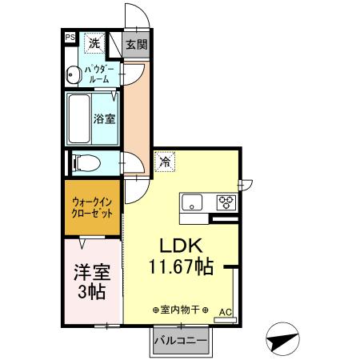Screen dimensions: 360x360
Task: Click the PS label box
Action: click(x=70, y=37)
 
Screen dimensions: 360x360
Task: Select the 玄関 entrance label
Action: click(x=137, y=44)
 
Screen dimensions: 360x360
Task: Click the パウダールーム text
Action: click(x=102, y=74)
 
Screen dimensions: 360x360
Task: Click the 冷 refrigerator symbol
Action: click(x=165, y=162)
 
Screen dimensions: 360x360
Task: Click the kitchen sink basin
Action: click(x=192, y=202)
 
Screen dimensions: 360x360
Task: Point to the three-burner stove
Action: click(x=226, y=202)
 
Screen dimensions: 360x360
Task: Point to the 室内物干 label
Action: click(x=180, y=309)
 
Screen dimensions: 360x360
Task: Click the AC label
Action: click(x=225, y=312)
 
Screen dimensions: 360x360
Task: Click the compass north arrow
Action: click(x=283, y=340)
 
